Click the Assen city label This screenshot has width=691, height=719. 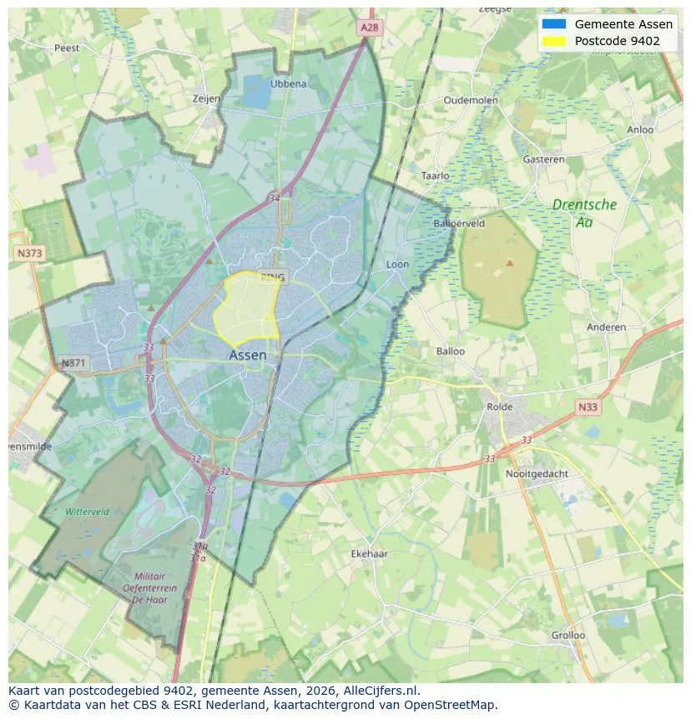click(248, 355)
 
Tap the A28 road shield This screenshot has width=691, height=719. click(370, 28)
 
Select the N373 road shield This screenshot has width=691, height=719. click(29, 252)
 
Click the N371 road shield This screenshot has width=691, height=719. click(73, 362)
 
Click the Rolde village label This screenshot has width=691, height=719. click(501, 407)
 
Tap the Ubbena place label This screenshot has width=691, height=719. click(289, 84)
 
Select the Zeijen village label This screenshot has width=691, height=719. click(206, 99)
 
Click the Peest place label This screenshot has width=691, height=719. click(67, 48)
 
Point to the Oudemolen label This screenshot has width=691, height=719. click(471, 100)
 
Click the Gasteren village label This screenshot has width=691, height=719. click(543, 159)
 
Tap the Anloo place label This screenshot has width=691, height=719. click(640, 129)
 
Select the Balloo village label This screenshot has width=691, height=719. click(451, 351)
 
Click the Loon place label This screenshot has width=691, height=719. click(397, 265)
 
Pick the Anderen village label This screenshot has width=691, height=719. click(606, 327)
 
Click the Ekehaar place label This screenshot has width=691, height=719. click(370, 554)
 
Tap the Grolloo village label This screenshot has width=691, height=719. click(567, 635)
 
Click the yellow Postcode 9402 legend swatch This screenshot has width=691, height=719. click(553, 41)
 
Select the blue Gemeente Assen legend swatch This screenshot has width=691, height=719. click(553, 24)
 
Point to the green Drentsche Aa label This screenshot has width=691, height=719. click(584, 213)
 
